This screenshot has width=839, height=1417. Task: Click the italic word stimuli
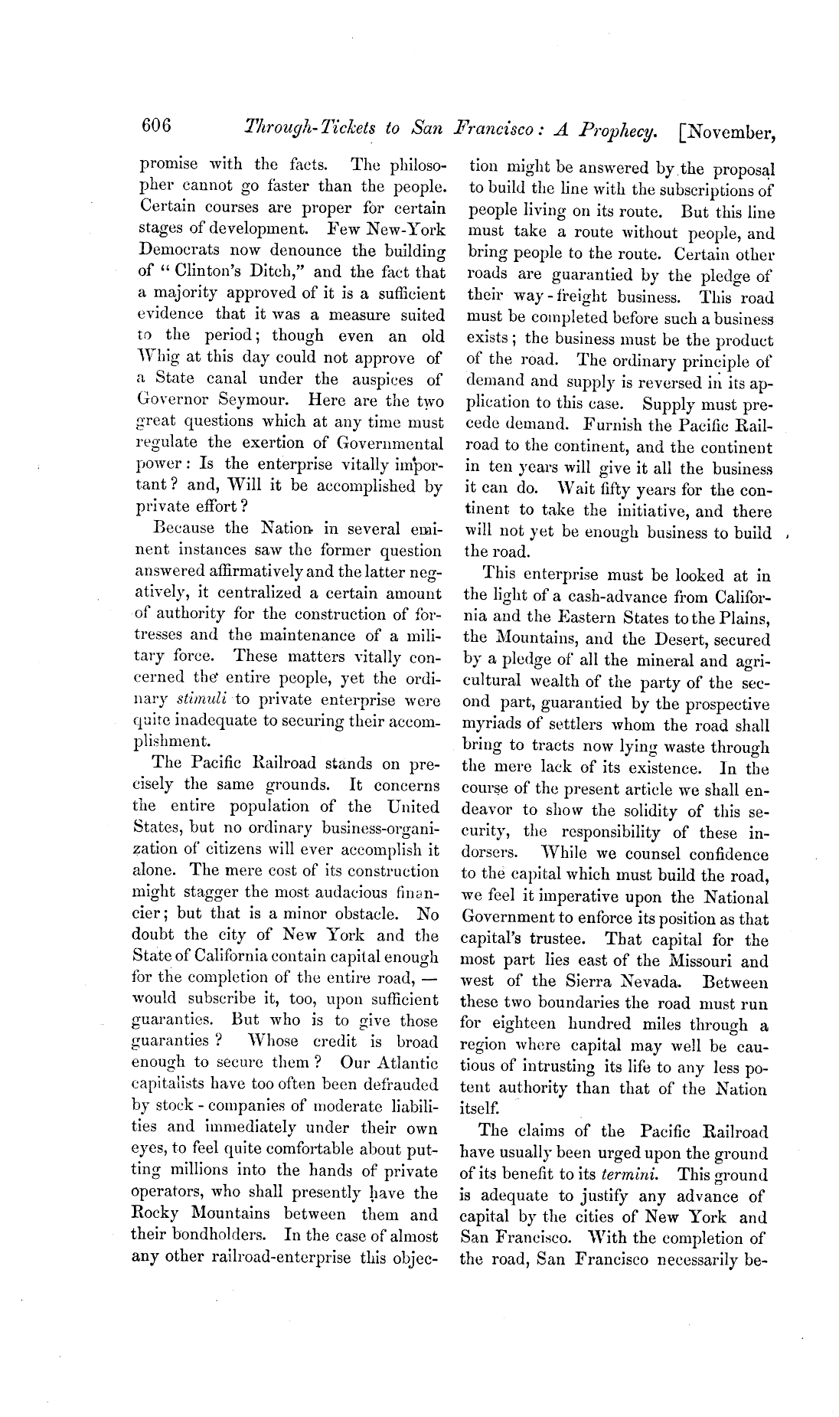(201, 699)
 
